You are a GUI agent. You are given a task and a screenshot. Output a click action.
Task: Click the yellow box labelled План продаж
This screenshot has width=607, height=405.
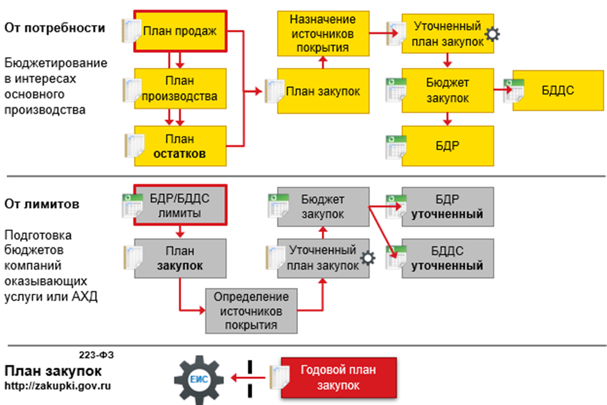click(x=180, y=32)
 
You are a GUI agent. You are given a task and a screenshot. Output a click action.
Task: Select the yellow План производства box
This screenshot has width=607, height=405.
click(x=180, y=89)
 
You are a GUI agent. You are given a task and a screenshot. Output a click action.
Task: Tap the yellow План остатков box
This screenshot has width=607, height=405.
click(x=180, y=146)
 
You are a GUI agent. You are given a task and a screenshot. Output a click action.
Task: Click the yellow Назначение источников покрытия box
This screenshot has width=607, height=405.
click(x=323, y=34)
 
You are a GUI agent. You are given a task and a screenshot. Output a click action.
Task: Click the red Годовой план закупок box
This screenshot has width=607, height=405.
click(x=339, y=378)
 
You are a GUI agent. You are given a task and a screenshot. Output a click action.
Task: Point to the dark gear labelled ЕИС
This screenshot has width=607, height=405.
click(x=198, y=379)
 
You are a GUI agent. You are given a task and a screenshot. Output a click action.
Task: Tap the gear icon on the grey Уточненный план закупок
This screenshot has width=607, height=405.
click(x=368, y=259)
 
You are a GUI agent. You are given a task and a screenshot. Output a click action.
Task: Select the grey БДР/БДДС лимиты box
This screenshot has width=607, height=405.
click(x=180, y=206)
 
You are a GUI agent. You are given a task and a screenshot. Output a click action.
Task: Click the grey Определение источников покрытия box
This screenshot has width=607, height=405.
click(x=251, y=311)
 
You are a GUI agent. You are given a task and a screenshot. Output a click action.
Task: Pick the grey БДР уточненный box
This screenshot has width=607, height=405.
click(x=448, y=207)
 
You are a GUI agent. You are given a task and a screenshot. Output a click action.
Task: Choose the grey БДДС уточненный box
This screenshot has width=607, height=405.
click(x=448, y=258)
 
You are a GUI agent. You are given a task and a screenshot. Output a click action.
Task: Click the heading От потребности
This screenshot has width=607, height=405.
click(x=55, y=28)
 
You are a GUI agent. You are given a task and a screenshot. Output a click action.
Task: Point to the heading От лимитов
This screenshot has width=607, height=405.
click(x=42, y=204)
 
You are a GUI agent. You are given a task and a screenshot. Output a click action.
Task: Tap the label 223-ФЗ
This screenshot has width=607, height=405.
click(x=97, y=355)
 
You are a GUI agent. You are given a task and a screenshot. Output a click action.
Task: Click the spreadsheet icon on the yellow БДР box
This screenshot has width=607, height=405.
click(x=396, y=147)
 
